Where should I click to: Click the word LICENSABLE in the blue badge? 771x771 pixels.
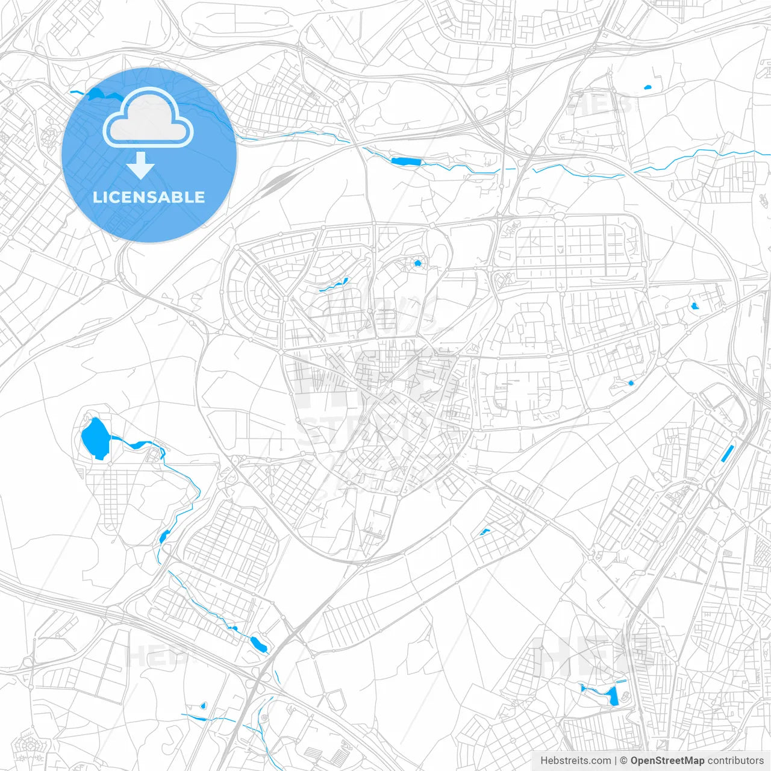coord(149,197)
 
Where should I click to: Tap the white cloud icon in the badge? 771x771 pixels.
coord(148,119)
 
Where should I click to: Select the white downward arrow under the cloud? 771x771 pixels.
coord(141,166)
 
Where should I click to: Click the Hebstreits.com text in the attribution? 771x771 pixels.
coord(575,761)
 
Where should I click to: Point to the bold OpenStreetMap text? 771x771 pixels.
coord(667,761)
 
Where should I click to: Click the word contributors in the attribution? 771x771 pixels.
coord(735,761)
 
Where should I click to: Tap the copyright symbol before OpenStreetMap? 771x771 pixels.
coord(623,761)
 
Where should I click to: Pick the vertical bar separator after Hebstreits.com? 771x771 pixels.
coord(616,761)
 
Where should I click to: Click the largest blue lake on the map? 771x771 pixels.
coord(95,438)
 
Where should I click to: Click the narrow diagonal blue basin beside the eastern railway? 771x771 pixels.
coord(727,453)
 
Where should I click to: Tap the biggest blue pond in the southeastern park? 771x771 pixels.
coord(614,697)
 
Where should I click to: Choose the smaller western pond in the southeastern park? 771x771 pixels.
coord(583,687)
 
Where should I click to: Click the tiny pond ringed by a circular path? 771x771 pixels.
coord(417,263)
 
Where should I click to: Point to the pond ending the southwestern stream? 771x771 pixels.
coord(258,644)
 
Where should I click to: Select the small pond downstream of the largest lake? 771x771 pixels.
coord(164,535)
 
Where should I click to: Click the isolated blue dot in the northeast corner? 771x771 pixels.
coord(648,88)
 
